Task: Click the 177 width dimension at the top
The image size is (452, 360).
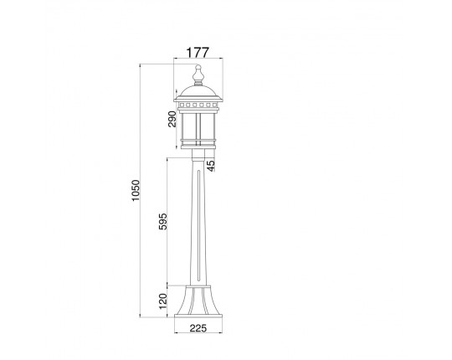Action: (198, 53)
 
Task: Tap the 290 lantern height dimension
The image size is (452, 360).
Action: (172, 119)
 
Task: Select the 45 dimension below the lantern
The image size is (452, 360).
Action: (211, 166)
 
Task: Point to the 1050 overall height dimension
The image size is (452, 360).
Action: (136, 191)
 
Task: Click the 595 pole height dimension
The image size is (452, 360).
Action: (163, 221)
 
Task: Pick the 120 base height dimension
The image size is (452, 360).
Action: (163, 301)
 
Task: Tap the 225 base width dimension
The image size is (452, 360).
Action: (198, 327)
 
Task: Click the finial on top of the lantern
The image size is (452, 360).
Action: (198, 75)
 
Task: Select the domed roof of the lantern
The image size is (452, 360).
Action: (198, 93)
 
